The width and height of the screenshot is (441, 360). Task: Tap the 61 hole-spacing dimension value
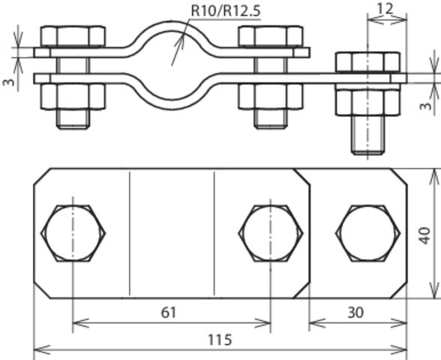pyautogui.click(x=171, y=312)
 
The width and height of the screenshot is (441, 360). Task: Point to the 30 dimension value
pyautogui.click(x=356, y=312)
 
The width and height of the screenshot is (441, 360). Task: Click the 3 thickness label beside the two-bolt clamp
pyautogui.click(x=7, y=82)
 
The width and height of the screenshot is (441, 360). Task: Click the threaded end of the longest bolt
pyautogui.click(x=367, y=135)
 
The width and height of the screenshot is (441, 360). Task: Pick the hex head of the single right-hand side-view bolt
pyautogui.click(x=367, y=61)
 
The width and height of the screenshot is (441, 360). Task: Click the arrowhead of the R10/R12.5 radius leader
pyautogui.click(x=175, y=61)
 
